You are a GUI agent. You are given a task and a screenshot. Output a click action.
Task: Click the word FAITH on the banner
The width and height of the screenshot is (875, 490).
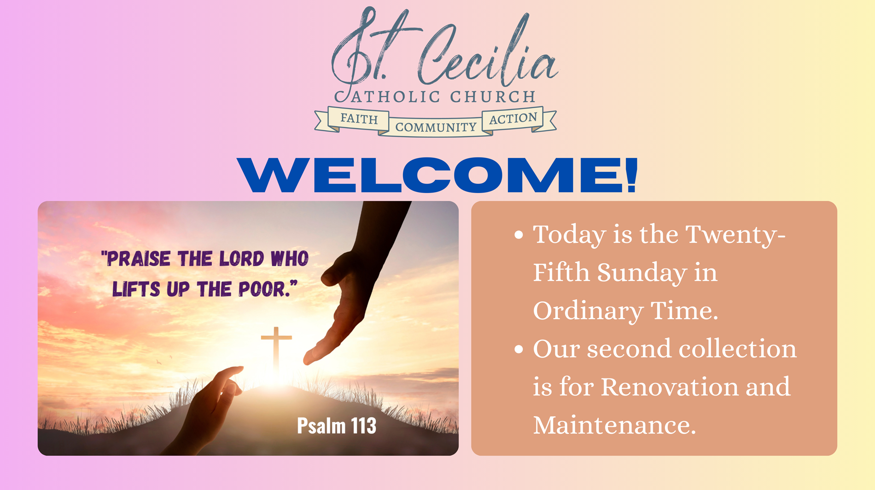pos(359,119)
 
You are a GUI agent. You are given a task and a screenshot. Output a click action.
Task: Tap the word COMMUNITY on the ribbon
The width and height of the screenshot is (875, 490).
pos(436,127)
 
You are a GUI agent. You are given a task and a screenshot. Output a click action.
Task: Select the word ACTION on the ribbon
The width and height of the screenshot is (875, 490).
pos(513,118)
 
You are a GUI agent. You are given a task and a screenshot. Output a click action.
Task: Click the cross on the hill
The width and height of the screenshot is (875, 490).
pos(276,348)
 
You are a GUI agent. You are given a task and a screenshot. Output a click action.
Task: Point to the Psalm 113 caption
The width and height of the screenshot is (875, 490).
pos(337,426)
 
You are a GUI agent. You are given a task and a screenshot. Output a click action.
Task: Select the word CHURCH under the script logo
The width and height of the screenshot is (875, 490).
pos(492,97)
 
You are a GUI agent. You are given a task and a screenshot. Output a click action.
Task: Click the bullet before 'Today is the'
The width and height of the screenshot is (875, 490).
pos(519,235)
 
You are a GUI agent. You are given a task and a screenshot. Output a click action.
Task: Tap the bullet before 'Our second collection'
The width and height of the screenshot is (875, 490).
pos(519,349)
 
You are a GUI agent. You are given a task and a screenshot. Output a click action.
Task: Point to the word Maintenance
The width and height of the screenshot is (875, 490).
pos(614,425)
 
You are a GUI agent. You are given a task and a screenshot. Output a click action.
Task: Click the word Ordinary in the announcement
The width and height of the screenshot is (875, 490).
pos(588,311)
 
